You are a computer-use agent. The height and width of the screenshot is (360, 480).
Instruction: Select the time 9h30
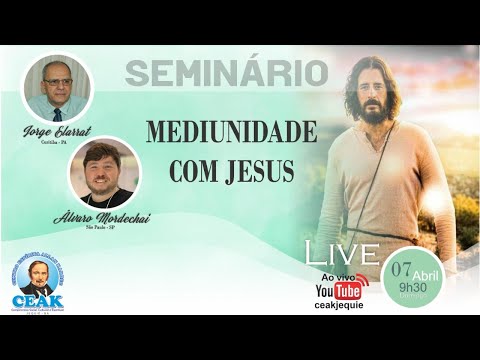(x=412, y=285)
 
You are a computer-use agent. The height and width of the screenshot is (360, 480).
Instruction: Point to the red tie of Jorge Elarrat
(x=57, y=113)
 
